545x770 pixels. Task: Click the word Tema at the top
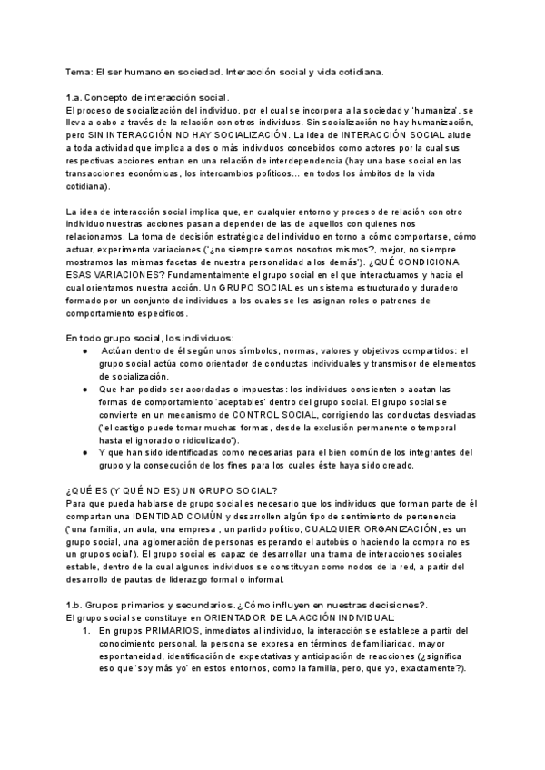(80, 70)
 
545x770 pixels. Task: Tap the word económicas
(146, 174)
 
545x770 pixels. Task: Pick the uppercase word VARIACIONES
(127, 274)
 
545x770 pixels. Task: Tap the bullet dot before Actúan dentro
(84, 350)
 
